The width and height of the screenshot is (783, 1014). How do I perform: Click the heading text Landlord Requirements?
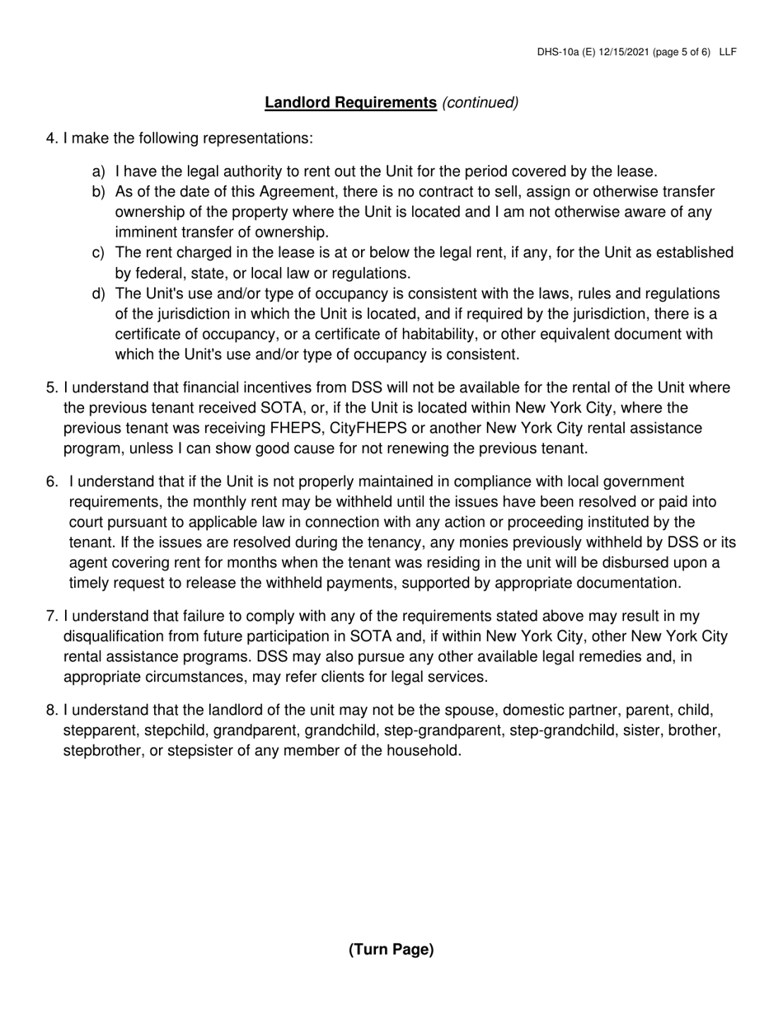[x=350, y=103]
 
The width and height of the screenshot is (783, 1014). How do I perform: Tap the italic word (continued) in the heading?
[x=481, y=103]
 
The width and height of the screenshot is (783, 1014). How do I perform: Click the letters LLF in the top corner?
[x=727, y=52]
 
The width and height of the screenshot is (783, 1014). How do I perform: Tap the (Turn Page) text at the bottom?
[x=391, y=950]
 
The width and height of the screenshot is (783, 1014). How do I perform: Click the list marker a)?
[x=99, y=172]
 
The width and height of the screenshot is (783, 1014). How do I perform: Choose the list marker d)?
[x=99, y=294]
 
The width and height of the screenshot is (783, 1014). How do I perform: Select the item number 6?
[x=52, y=481]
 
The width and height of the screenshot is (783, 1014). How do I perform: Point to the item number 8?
[x=52, y=711]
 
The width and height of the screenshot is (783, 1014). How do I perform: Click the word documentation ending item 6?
[x=631, y=584]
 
